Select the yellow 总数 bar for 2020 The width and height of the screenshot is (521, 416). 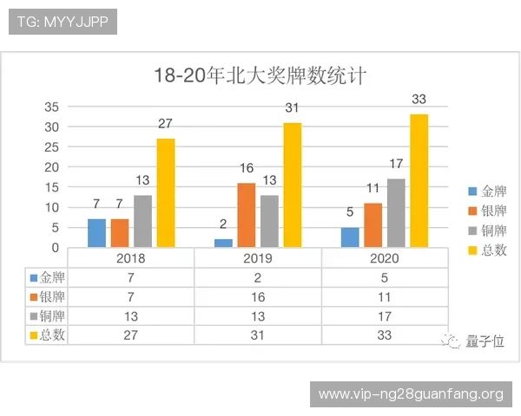pyautogui.click(x=419, y=180)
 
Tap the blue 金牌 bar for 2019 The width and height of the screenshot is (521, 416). pyautogui.click(x=224, y=243)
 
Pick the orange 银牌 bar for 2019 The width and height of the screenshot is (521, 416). pyautogui.click(x=246, y=215)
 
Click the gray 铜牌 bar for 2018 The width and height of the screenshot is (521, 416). pyautogui.click(x=142, y=221)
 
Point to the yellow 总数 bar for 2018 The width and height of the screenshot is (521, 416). pyautogui.click(x=165, y=192)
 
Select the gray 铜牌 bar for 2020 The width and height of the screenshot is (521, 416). pyautogui.click(x=396, y=212)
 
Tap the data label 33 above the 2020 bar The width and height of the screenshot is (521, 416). pyautogui.click(x=419, y=101)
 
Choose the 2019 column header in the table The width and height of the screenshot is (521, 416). pyautogui.click(x=258, y=258)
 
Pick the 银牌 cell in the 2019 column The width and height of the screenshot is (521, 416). pyautogui.click(x=258, y=297)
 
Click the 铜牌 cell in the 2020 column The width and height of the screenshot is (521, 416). pyautogui.click(x=386, y=316)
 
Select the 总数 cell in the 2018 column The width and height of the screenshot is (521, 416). pyautogui.click(x=130, y=335)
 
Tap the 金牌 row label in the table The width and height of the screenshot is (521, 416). pyautogui.click(x=49, y=278)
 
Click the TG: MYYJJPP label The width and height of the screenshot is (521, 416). pyautogui.click(x=63, y=21)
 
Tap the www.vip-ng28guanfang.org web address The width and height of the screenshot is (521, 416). pyautogui.click(x=411, y=394)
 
